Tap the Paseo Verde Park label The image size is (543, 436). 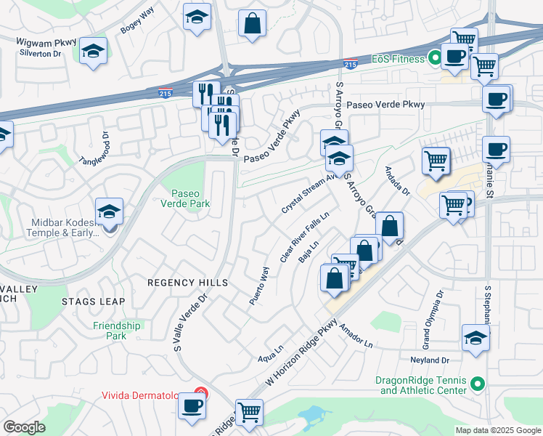[x=190, y=198]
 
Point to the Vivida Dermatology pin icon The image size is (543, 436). [x=201, y=395]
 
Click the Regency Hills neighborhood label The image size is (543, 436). [x=187, y=282]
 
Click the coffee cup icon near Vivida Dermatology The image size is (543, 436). [x=192, y=405]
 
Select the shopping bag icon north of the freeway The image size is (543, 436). [x=251, y=22]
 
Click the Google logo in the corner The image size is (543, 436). [x=25, y=427]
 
